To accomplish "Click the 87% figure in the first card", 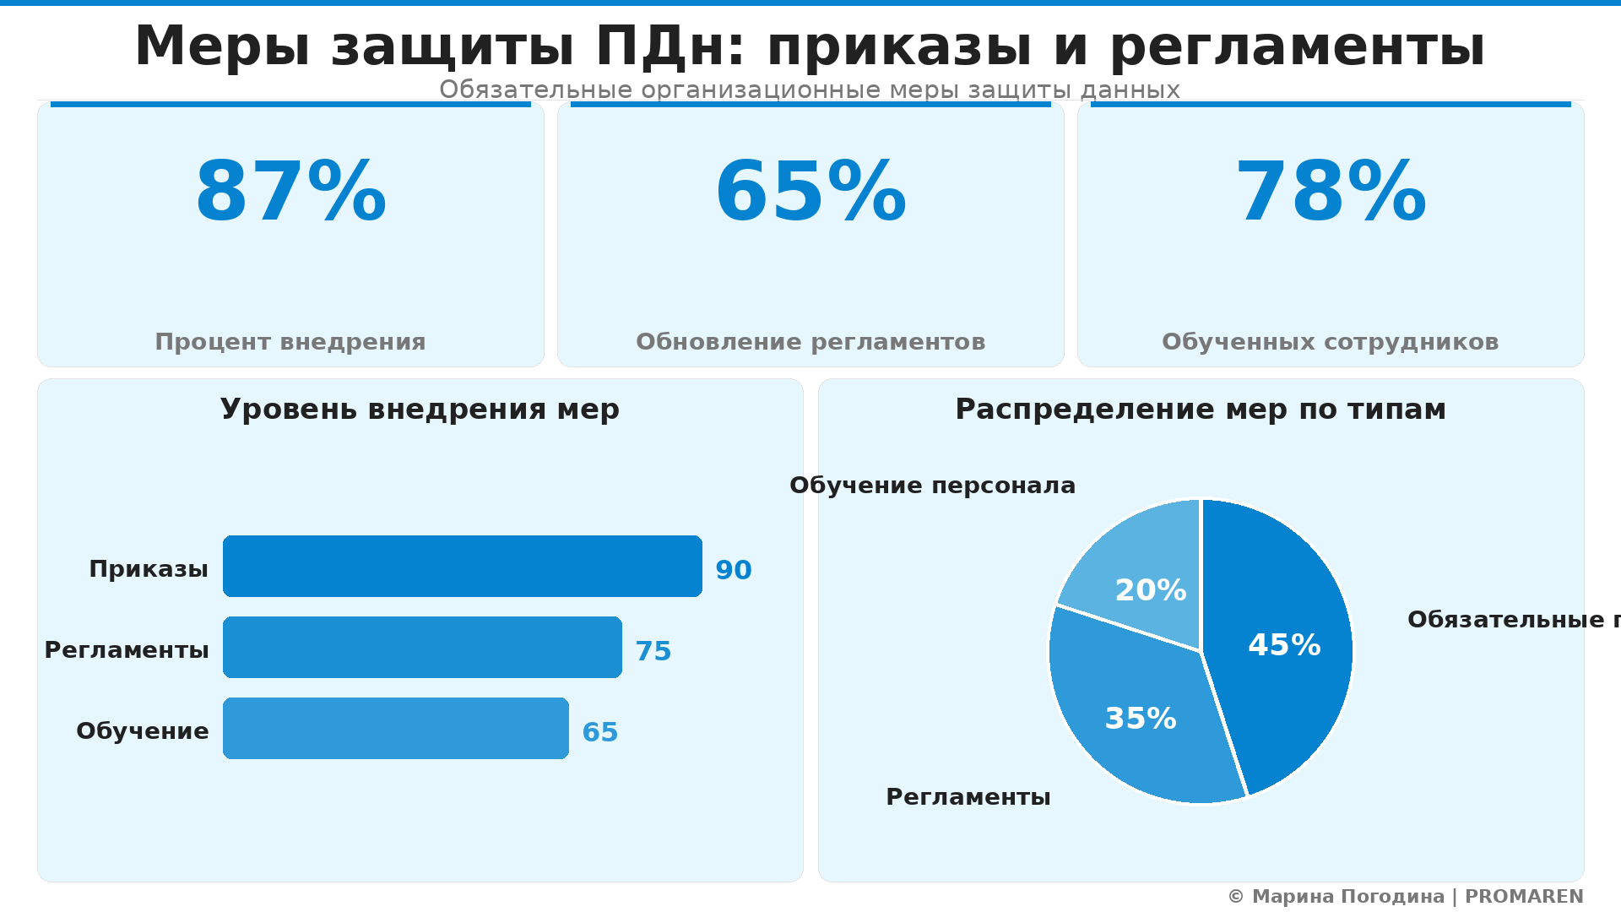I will (290, 193).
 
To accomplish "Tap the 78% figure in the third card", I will (1331, 193).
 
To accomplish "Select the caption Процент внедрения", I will (290, 342).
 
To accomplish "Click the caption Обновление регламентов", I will (810, 342).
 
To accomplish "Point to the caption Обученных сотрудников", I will (1331, 342).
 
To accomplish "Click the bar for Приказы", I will (462, 566).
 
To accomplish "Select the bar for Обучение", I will (395, 728).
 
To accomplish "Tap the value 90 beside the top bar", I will (734, 571).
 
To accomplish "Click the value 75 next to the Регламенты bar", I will (653, 652).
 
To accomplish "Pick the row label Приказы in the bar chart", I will (149, 569).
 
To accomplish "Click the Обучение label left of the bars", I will (143, 731).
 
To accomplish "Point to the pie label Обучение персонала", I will (932, 486).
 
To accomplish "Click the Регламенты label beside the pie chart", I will (968, 797).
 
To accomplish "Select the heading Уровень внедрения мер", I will (420, 410).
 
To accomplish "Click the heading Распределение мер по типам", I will (1201, 410).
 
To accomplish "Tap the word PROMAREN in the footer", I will (1524, 897).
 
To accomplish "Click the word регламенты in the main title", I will (1297, 46).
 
